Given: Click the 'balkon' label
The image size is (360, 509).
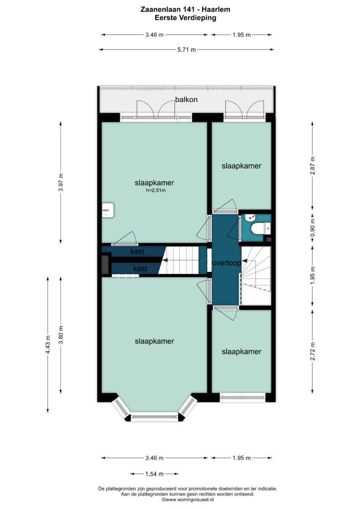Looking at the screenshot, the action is [186, 99].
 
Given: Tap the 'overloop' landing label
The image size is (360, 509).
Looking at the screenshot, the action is [227, 262].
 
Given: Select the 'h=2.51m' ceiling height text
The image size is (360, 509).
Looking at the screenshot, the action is [156, 190].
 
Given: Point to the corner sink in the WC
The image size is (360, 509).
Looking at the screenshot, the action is [250, 218].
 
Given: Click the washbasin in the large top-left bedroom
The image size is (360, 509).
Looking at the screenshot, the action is [107, 210].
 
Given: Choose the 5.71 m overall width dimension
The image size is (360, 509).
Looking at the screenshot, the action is [186, 50].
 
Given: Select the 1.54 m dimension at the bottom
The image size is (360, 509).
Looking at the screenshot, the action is [155, 474].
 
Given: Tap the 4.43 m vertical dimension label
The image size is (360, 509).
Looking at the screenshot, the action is [48, 345].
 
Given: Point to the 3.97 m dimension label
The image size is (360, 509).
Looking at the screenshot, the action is [61, 182].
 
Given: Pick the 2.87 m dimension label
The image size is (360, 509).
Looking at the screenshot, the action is [313, 166].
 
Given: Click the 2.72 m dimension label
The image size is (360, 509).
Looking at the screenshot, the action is [313, 351].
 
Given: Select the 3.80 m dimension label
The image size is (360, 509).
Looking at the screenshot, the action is [61, 335].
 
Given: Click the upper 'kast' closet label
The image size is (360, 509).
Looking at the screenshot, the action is [137, 251].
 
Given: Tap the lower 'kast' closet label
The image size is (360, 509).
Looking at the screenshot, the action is [140, 268].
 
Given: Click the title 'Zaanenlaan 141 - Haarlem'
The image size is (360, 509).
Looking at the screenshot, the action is [185, 9].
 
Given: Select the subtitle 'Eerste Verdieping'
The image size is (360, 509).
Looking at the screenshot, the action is [185, 18].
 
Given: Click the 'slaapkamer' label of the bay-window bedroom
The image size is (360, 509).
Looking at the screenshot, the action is [155, 341].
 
